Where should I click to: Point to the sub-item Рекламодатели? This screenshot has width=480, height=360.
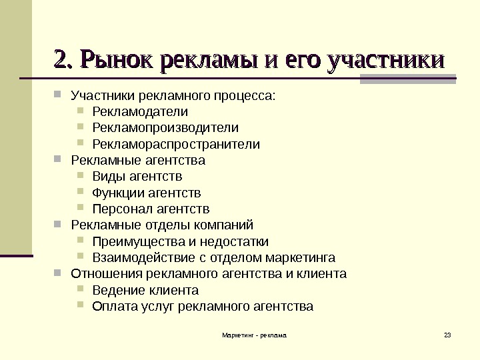pyautogui.click(x=140, y=111)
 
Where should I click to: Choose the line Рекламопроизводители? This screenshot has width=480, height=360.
pyautogui.click(x=165, y=127)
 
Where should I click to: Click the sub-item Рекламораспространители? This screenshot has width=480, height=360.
pyautogui.click(x=176, y=144)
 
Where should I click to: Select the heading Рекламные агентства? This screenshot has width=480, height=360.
pyautogui.click(x=138, y=161)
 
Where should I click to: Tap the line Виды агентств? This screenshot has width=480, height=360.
pyautogui.click(x=137, y=177)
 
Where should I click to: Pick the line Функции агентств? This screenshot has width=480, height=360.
pyautogui.click(x=147, y=193)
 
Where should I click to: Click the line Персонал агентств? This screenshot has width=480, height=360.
pyautogui.click(x=151, y=209)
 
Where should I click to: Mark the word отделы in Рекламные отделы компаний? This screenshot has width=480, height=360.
pyautogui.click(x=155, y=225)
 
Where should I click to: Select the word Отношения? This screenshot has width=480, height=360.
pyautogui.click(x=104, y=273)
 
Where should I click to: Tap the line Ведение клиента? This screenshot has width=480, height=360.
pyautogui.click(x=145, y=290)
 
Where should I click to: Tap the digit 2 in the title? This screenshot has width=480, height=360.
pyautogui.click(x=60, y=61)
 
